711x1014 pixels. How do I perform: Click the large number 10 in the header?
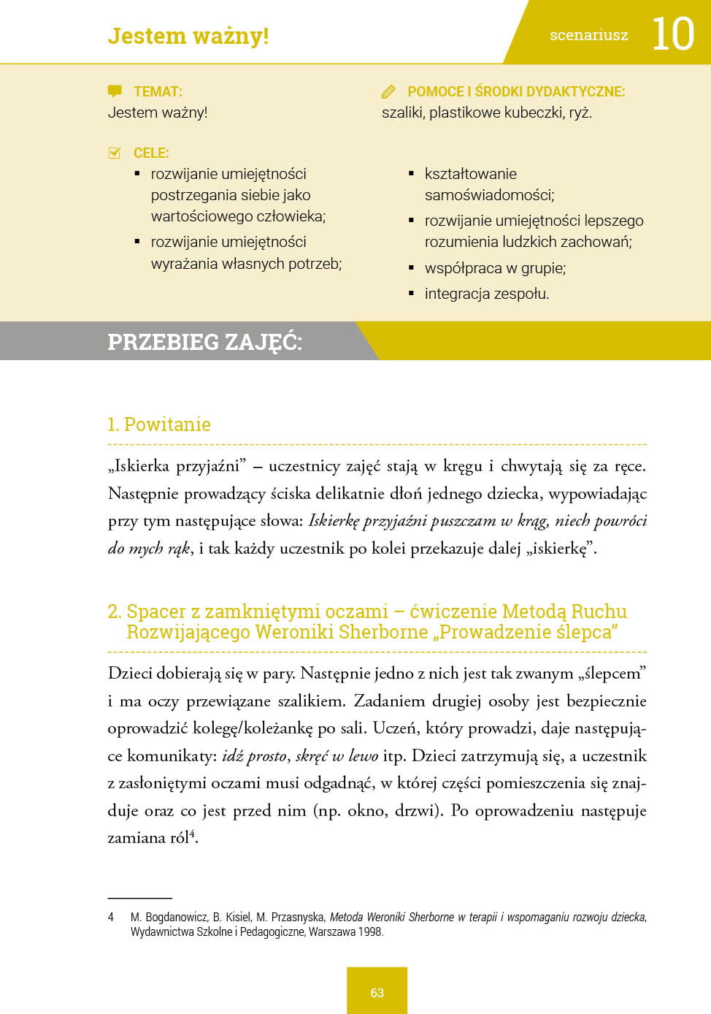[672, 34]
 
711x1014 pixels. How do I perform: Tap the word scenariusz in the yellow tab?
[588, 35]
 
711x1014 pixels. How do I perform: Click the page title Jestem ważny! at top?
[188, 36]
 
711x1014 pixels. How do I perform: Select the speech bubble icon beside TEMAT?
[115, 91]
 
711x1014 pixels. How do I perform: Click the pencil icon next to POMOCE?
[388, 92]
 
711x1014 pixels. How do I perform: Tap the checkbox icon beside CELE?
[115, 153]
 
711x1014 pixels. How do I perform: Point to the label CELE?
[151, 153]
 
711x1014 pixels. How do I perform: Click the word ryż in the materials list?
[580, 113]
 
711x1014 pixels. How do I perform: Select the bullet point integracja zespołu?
[486, 294]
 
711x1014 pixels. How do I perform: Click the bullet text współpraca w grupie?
[495, 268]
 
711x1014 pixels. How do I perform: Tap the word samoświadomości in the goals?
[489, 195]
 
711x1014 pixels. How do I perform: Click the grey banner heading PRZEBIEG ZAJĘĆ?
[204, 342]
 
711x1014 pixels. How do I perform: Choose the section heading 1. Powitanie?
[159, 424]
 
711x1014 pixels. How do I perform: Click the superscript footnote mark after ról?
[192, 834]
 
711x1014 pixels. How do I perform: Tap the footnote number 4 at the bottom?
[111, 917]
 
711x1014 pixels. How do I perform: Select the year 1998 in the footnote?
[371, 931]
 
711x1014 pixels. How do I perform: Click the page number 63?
[377, 993]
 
